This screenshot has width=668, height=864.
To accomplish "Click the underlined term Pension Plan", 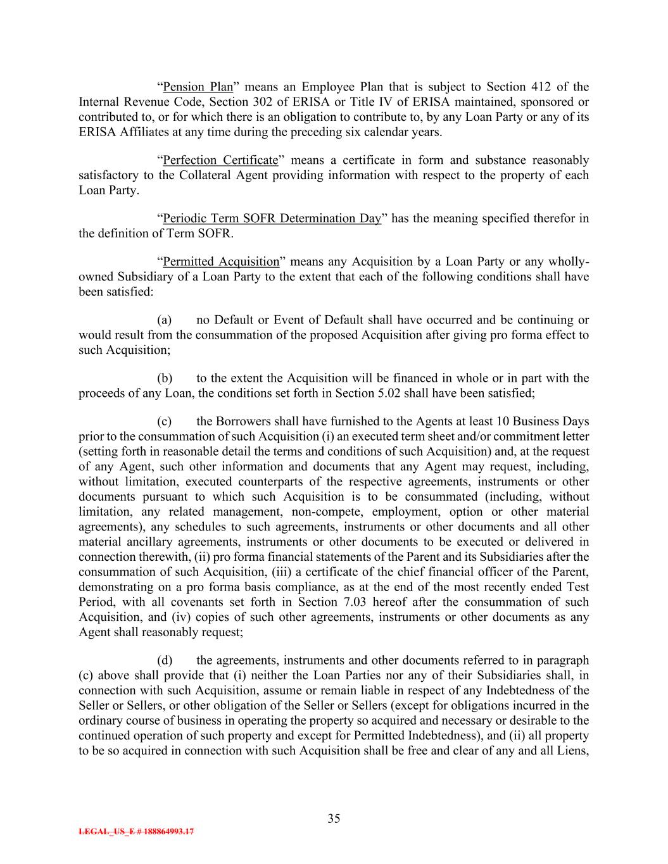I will [x=198, y=87].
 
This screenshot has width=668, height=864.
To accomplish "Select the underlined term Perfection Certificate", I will [x=220, y=160].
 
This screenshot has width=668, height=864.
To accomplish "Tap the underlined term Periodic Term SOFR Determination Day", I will [x=272, y=219].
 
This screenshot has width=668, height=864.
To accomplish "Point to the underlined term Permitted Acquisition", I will [x=221, y=262].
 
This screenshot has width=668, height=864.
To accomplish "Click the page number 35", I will [x=334, y=818].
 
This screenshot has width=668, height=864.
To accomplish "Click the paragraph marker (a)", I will [x=164, y=320].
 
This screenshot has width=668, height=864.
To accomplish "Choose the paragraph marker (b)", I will [x=165, y=379].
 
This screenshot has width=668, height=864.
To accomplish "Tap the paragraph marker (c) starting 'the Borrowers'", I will [x=164, y=422].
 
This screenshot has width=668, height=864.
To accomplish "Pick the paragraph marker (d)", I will [x=165, y=661].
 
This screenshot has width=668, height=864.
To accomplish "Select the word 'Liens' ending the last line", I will [x=572, y=751].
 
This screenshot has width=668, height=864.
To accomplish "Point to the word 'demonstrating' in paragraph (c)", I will [x=111, y=587].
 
